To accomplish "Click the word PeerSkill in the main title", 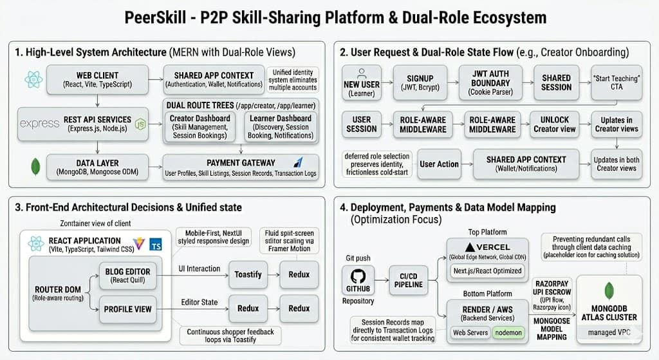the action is coord(155,17).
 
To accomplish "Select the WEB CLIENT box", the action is coord(98,79).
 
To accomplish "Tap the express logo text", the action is coord(39,124).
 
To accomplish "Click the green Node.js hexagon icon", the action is coord(140,124).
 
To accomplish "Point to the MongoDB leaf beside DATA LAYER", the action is coord(36,167).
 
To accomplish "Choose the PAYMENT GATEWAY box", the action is coord(241,167).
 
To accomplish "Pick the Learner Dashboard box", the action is coord(281,127).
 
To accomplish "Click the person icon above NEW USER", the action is coord(362,73).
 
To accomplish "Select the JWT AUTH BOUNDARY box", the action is coord(490,82).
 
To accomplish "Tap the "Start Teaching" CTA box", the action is coord(617,82).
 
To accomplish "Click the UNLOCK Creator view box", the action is coord(554,124).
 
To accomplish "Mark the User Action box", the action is coord(439,164).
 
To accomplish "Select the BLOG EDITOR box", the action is coord(128,276).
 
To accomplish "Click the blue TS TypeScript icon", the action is coord(156,245).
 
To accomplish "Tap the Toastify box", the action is coord(248,274).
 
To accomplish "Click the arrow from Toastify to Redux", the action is coord(273,274).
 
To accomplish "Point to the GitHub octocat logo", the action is coord(358,276).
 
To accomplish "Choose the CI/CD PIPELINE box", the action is coord(409,280).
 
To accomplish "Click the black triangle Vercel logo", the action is coord(470,247).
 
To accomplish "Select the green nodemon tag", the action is coord(508,333).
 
